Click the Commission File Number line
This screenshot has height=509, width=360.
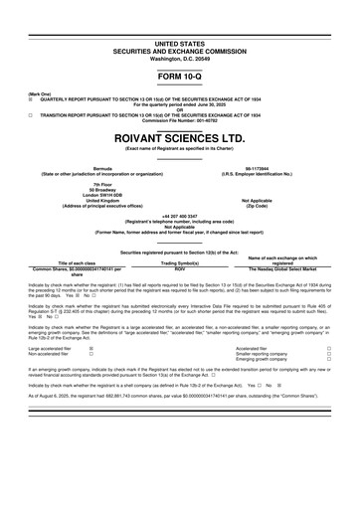pyautogui.click(x=179, y=123)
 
